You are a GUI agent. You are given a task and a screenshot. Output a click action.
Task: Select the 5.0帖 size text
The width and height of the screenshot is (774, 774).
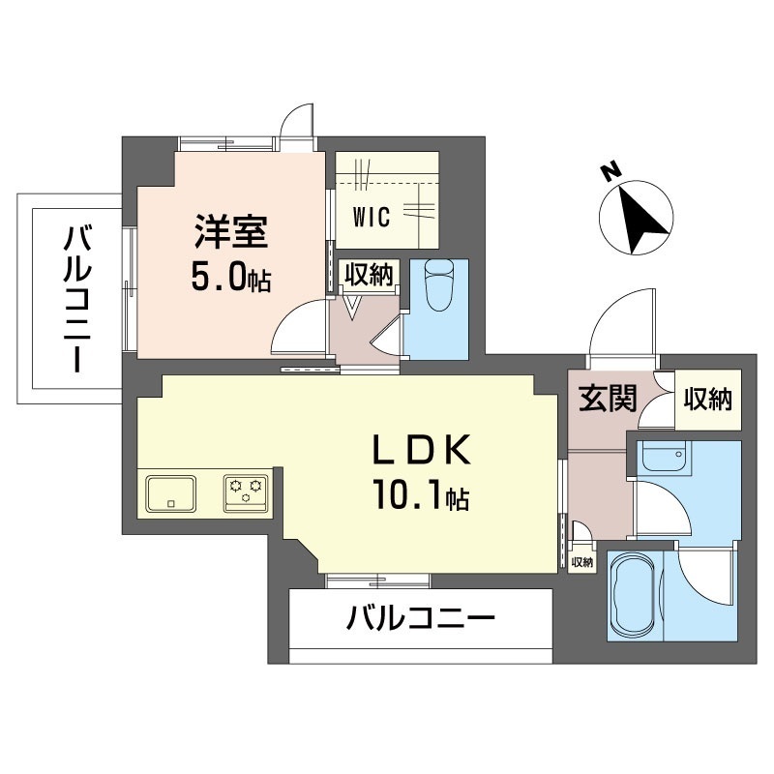click(230, 279)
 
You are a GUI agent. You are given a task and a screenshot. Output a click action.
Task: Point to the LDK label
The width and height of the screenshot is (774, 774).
click(423, 451)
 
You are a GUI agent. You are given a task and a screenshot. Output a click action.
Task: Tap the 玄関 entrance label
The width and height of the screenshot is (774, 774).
click(608, 399)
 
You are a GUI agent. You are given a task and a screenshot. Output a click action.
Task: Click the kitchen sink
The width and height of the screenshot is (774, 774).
click(171, 492)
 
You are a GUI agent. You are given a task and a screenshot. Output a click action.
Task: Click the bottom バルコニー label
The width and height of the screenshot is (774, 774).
click(422, 616)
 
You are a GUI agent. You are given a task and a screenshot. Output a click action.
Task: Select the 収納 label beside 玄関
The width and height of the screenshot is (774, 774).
click(707, 399)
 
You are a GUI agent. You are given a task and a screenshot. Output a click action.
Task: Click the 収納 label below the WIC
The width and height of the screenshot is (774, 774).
click(370, 275)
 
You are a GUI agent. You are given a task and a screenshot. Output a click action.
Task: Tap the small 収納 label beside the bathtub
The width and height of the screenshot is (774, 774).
click(581, 561)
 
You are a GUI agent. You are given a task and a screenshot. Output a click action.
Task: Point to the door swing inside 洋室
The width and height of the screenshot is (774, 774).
click(296, 329)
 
